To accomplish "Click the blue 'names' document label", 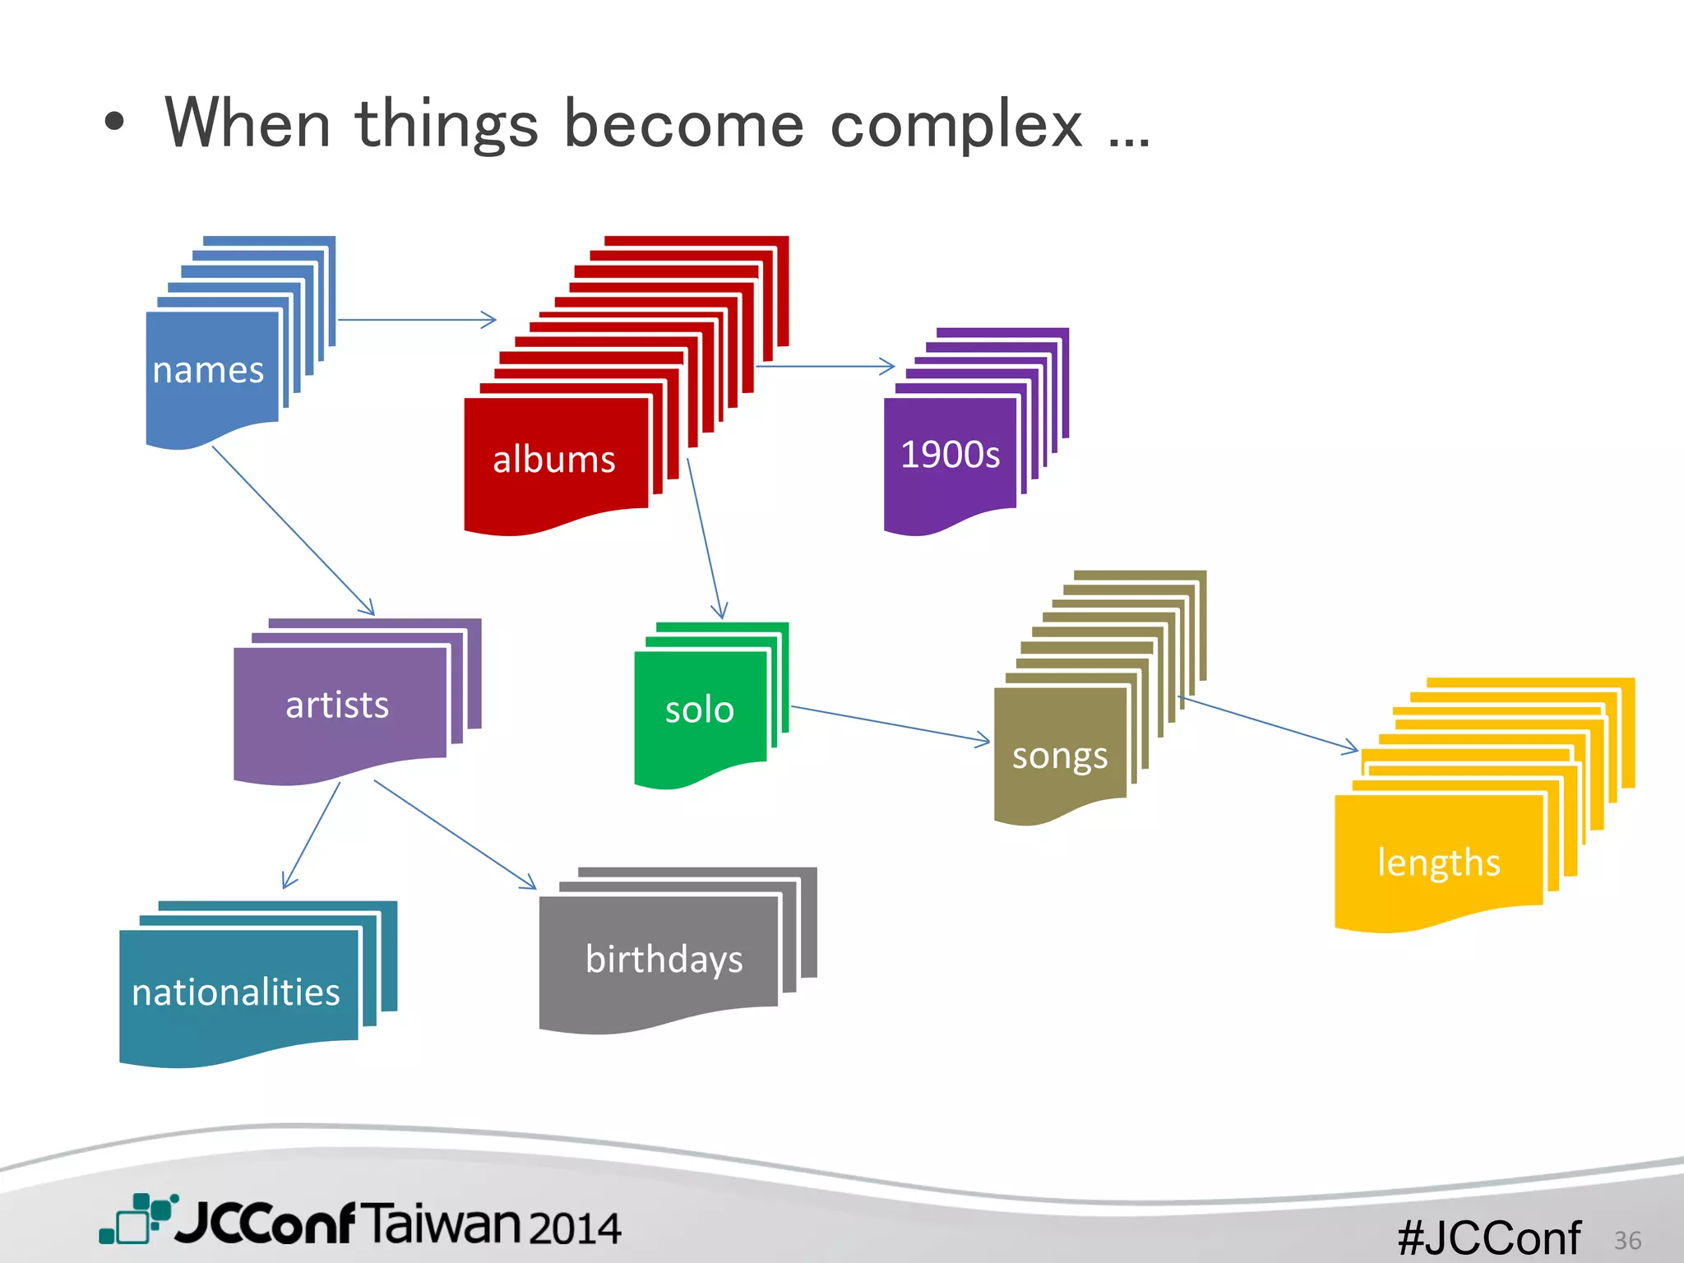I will pyautogui.click(x=208, y=370).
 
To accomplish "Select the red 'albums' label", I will pyautogui.click(x=553, y=460).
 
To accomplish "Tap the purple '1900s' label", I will pyautogui.click(x=950, y=455).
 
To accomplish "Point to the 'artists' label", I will pyautogui.click(x=337, y=706).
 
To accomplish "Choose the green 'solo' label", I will pyautogui.click(x=699, y=710).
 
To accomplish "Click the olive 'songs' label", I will pyautogui.click(x=1059, y=756).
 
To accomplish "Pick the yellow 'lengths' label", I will pyautogui.click(x=1438, y=863).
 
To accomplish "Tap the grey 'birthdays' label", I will pyautogui.click(x=664, y=960).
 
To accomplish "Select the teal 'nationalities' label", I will pyautogui.click(x=236, y=992).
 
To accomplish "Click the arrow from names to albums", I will pyautogui.click(x=417, y=320).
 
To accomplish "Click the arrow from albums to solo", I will pyautogui.click(x=706, y=539).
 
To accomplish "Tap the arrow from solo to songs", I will pyautogui.click(x=891, y=724).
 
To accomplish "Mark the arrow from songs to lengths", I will pyautogui.click(x=1268, y=724).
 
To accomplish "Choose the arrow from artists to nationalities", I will pyautogui.click(x=312, y=835).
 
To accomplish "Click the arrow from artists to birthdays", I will pyautogui.click(x=455, y=835).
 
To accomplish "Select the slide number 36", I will pyautogui.click(x=1627, y=1240).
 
